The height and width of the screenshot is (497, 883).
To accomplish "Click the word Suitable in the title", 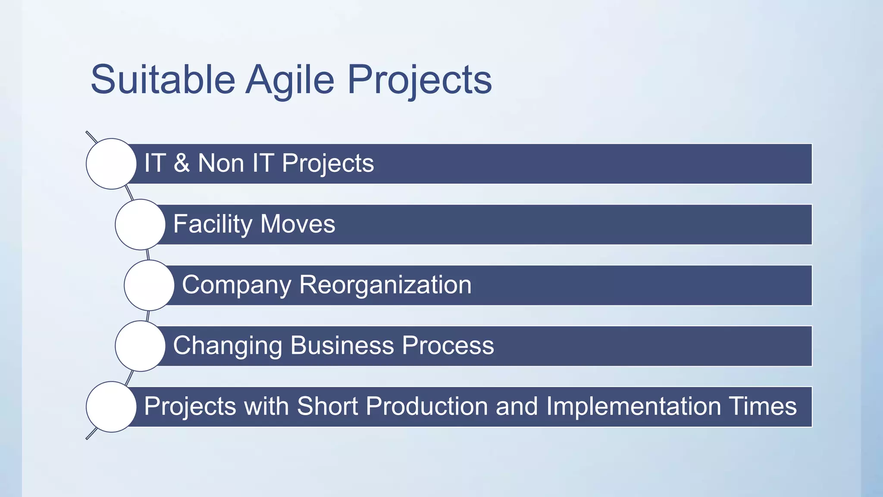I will click(163, 79).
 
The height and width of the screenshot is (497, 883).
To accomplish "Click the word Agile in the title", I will click(290, 79).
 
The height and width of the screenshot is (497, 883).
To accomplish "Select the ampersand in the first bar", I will click(182, 163).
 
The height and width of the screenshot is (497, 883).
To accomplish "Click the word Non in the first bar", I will click(221, 163).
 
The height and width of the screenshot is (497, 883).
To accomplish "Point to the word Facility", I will click(213, 224).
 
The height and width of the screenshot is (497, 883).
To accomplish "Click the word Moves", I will click(297, 224).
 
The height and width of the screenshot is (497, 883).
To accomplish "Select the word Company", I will click(237, 285).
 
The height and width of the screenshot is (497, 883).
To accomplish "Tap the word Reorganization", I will click(385, 285).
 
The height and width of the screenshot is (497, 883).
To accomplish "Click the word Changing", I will click(227, 346).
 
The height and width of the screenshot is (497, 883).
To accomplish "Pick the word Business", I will click(342, 346).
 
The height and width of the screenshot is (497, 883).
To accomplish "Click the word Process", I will click(448, 346).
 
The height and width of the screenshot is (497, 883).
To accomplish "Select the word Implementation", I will click(633, 406).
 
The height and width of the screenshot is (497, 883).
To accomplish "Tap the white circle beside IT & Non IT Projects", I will click(111, 164).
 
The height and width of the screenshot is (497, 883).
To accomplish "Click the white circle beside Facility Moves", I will click(140, 224).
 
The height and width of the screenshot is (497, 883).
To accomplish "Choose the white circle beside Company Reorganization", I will click(149, 285).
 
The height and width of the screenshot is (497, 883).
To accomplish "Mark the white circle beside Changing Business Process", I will click(140, 346).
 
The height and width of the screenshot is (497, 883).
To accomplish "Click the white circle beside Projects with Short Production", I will click(111, 407).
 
